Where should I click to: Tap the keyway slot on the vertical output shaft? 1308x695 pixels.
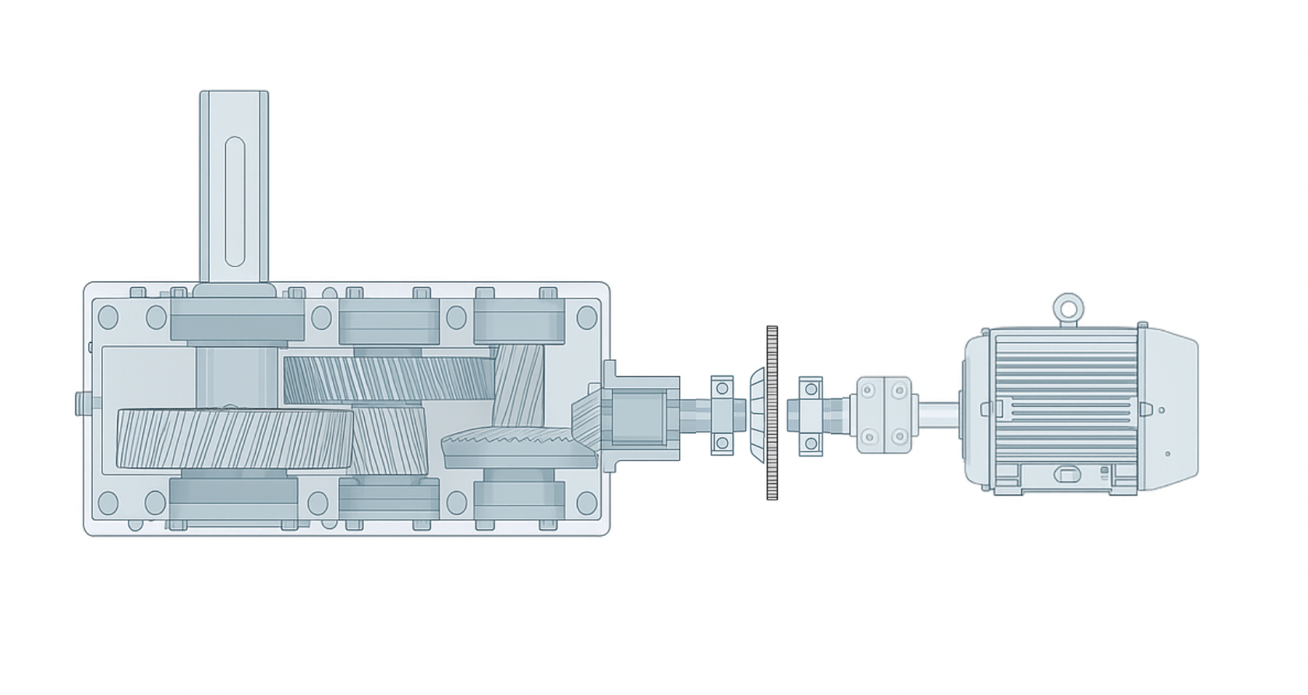tap(235, 202)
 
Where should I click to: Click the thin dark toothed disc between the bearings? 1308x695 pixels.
tap(772, 413)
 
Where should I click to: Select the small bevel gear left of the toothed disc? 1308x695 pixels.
tap(756, 414)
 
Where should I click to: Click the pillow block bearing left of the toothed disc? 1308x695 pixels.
tap(723, 415)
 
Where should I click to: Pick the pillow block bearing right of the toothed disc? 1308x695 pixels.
tap(811, 415)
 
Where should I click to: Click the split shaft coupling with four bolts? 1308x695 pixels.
tap(884, 415)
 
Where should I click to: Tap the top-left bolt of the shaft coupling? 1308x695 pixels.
tap(868, 390)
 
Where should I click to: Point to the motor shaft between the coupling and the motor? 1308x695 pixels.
tap(937, 414)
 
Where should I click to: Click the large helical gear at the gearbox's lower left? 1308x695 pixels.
tap(234, 439)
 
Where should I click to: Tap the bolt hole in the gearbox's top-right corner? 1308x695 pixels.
tap(587, 317)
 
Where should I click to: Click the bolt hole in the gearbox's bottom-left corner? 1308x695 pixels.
tap(108, 503)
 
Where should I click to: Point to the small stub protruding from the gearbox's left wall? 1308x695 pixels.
tap(82, 404)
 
